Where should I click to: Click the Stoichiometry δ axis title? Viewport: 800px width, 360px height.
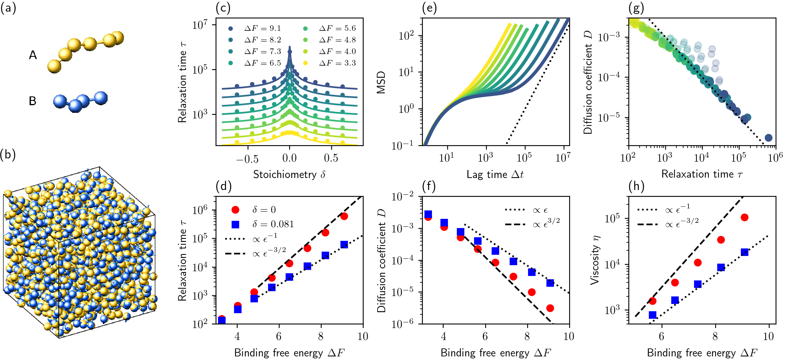tap(289, 174)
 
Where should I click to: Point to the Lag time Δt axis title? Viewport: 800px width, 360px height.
tap(495, 174)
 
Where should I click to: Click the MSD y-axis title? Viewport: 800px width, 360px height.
tap(381, 82)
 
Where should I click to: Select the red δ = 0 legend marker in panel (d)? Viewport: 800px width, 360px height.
tap(236, 210)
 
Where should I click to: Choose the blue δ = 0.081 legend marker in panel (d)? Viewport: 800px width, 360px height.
tap(236, 224)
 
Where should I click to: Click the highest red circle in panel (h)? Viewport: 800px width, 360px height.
tap(744, 218)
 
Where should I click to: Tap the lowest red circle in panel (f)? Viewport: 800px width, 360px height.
tap(550, 308)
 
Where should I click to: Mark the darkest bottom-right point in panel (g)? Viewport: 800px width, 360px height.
tap(768, 138)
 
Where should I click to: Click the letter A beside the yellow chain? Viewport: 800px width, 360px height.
tap(33, 55)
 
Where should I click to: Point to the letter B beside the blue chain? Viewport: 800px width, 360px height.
tap(33, 101)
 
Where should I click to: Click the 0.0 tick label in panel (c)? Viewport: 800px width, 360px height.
tap(289, 158)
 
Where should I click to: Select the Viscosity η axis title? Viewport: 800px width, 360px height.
tap(595, 260)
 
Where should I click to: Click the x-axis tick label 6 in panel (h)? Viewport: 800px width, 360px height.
tap(661, 336)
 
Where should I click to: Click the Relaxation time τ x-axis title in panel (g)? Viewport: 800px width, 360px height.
tap(702, 174)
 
